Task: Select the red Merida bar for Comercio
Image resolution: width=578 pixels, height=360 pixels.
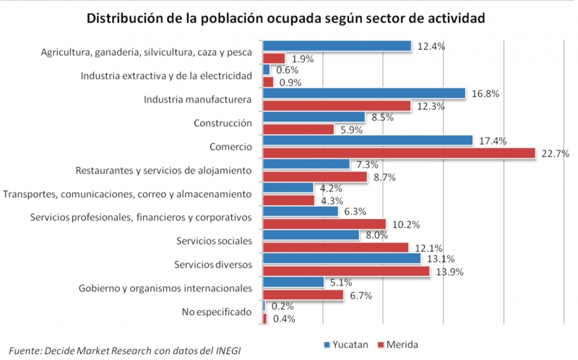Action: (x=399, y=153)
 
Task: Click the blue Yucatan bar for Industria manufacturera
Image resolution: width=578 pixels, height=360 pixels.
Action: (x=363, y=93)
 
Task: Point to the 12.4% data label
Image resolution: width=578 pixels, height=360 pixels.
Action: (x=431, y=46)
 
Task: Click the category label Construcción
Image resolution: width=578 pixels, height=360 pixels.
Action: (x=223, y=123)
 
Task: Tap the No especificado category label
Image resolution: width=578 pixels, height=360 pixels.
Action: (x=217, y=312)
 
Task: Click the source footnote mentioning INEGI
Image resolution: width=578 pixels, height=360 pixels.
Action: (x=124, y=350)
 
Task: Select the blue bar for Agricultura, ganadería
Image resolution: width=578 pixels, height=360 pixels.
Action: (x=337, y=46)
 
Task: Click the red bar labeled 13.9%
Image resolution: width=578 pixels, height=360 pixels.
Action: (x=346, y=271)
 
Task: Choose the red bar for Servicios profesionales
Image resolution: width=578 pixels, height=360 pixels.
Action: (x=324, y=224)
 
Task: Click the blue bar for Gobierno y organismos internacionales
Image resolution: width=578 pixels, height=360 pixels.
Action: (x=293, y=282)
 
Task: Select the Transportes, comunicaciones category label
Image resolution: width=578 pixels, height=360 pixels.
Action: (x=127, y=194)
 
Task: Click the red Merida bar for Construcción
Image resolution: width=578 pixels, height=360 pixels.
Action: (x=298, y=129)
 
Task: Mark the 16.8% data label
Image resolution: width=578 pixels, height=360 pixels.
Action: (x=485, y=93)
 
